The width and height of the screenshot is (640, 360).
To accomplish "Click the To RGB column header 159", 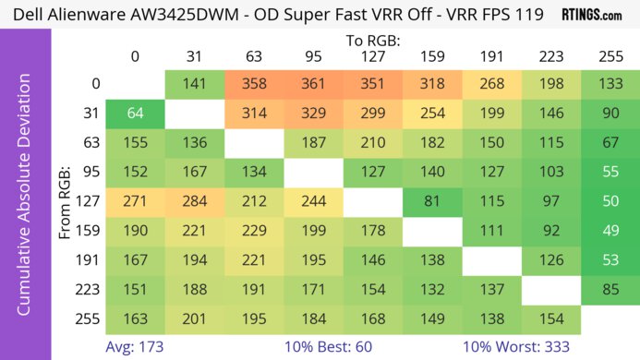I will click(x=431, y=56).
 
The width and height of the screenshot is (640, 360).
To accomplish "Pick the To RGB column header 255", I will click(x=610, y=56).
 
